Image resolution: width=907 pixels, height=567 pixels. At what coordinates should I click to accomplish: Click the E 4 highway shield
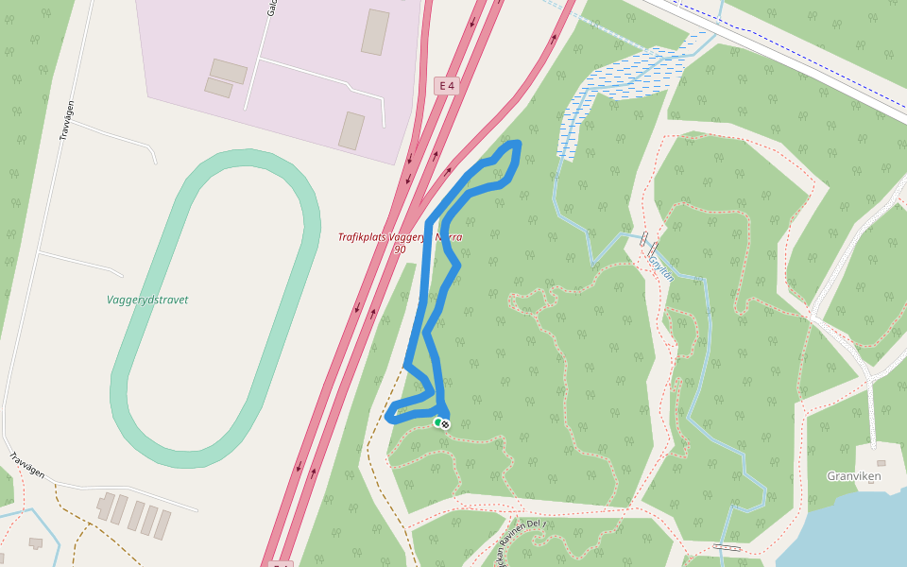tap(446, 86)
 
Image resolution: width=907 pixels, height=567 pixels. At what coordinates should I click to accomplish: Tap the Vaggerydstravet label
tap(147, 300)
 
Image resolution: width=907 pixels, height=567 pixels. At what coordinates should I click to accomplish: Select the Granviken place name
tap(852, 476)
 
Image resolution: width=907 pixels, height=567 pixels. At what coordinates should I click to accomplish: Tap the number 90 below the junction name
tap(400, 249)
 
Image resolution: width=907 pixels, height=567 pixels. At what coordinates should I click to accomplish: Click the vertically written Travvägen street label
tap(66, 120)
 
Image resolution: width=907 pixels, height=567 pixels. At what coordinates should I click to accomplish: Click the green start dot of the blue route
tap(437, 421)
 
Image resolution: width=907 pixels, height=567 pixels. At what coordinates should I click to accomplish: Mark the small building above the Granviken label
tap(881, 463)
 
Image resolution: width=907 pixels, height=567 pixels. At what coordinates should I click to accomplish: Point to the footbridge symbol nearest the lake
tap(727, 546)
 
